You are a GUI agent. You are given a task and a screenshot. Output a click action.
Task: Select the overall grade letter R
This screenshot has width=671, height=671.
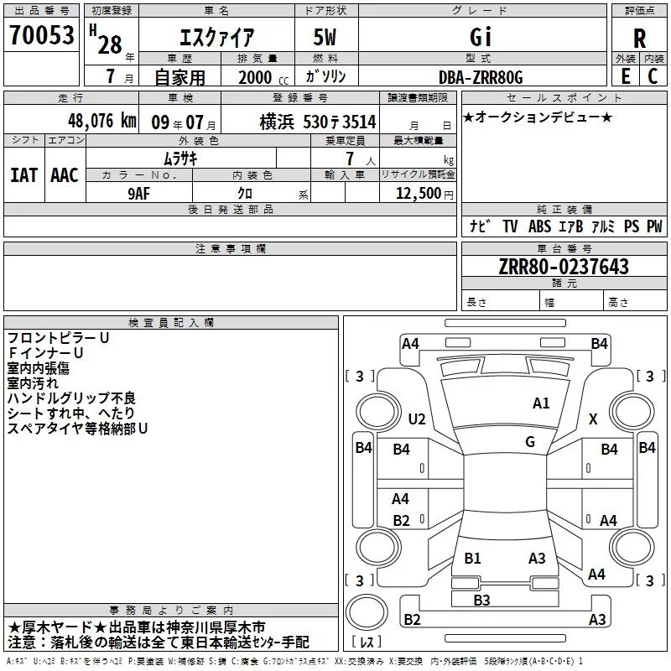[x=639, y=39]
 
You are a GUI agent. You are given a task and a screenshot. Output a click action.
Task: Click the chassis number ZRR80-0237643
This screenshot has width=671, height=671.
[x=563, y=267]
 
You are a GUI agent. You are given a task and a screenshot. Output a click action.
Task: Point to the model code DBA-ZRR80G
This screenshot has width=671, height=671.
[x=481, y=77]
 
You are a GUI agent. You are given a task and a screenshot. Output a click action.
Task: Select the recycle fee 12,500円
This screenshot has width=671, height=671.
[x=424, y=192]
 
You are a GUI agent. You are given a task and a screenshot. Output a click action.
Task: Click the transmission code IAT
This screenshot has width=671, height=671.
[x=23, y=175]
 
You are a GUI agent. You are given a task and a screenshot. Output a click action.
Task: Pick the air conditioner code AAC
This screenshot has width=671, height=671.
[x=64, y=175]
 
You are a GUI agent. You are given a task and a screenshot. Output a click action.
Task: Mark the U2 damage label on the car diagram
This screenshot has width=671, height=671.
[x=417, y=419]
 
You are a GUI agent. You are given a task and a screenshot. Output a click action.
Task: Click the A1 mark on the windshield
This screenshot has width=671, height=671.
[x=541, y=403]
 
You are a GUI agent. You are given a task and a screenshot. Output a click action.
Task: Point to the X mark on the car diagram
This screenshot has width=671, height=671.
[x=593, y=419]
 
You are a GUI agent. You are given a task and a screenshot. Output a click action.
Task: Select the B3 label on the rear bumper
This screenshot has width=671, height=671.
[x=481, y=600]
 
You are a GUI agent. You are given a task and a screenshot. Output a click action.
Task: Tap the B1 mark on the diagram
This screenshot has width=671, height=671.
[x=472, y=558]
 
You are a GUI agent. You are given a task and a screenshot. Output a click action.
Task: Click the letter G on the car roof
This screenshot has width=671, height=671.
[x=530, y=441]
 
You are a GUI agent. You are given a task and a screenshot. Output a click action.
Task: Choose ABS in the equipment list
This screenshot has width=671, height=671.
[x=540, y=226]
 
